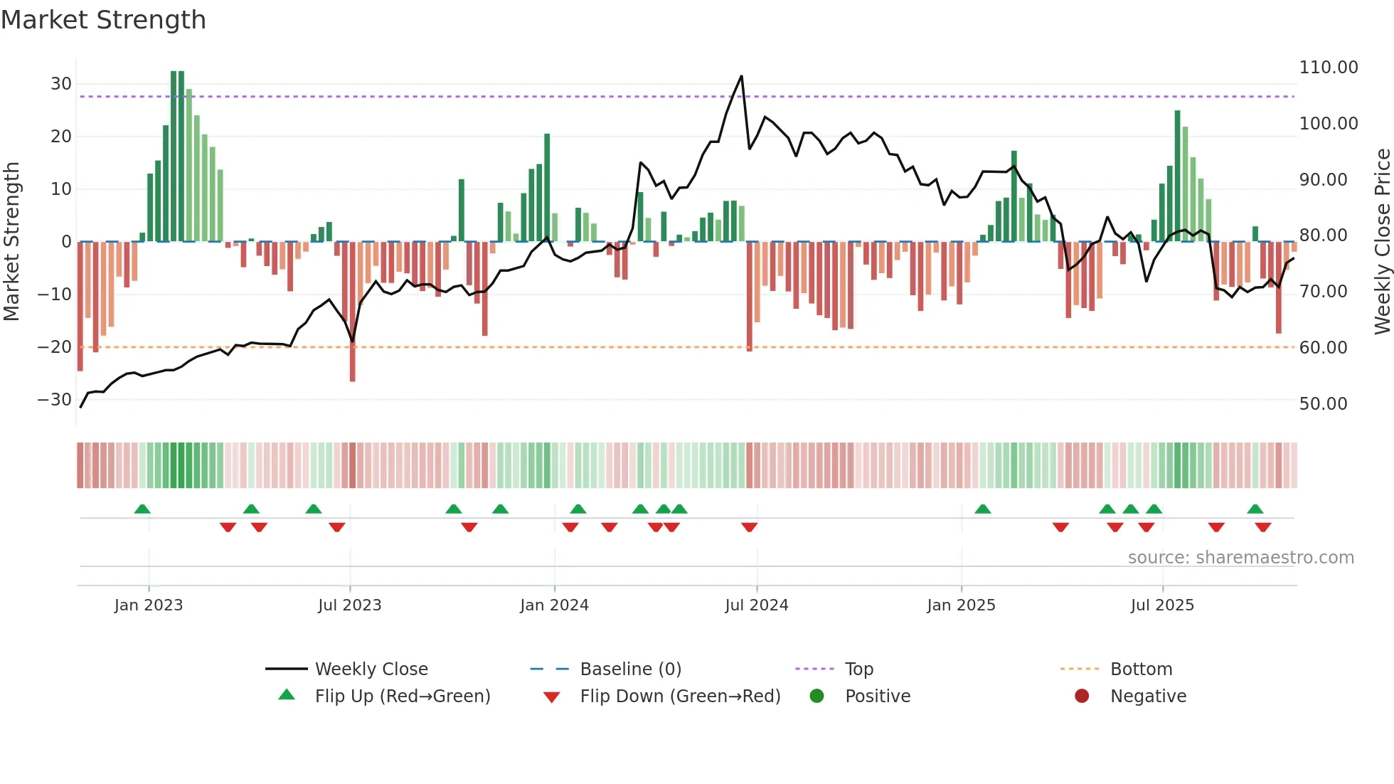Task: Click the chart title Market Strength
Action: pos(103,20)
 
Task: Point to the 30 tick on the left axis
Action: pos(61,84)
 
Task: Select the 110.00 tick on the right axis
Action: pos(1328,68)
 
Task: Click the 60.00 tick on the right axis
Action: pos(1323,348)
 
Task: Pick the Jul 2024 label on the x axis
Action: pos(756,605)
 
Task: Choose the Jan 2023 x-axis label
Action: pos(149,605)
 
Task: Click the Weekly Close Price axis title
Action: pos(1382,242)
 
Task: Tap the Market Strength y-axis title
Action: pos(12,242)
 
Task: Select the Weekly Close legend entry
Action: pos(371,669)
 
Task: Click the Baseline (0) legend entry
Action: pos(630,669)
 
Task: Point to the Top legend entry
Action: pos(858,669)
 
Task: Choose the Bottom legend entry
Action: pos(1141,669)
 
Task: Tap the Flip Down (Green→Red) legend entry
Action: pos(679,696)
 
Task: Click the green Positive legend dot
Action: pos(816,696)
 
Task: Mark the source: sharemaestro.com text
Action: pos(1240,558)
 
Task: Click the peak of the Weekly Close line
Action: pos(741,76)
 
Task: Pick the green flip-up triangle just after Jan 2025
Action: pos(982,509)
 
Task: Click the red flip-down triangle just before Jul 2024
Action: pos(749,527)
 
